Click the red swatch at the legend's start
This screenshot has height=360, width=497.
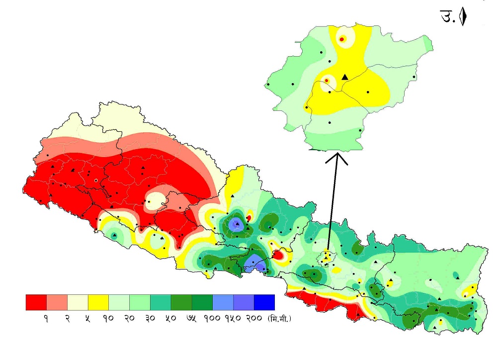[36, 302]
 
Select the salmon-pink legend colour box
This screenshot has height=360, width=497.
[57, 302]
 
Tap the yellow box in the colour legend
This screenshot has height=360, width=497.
[98, 302]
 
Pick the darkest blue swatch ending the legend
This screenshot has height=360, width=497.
[264, 302]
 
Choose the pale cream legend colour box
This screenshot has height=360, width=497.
[78, 302]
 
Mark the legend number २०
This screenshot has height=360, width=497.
[129, 318]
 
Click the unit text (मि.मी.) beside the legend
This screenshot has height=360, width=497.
[279, 318]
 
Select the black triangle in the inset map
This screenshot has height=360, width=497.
[345, 77]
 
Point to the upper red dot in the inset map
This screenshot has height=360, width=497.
[342, 39]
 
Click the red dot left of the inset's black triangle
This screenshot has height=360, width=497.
[327, 80]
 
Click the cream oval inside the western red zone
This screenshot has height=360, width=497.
[157, 200]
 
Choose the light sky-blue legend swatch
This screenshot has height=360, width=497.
[223, 302]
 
